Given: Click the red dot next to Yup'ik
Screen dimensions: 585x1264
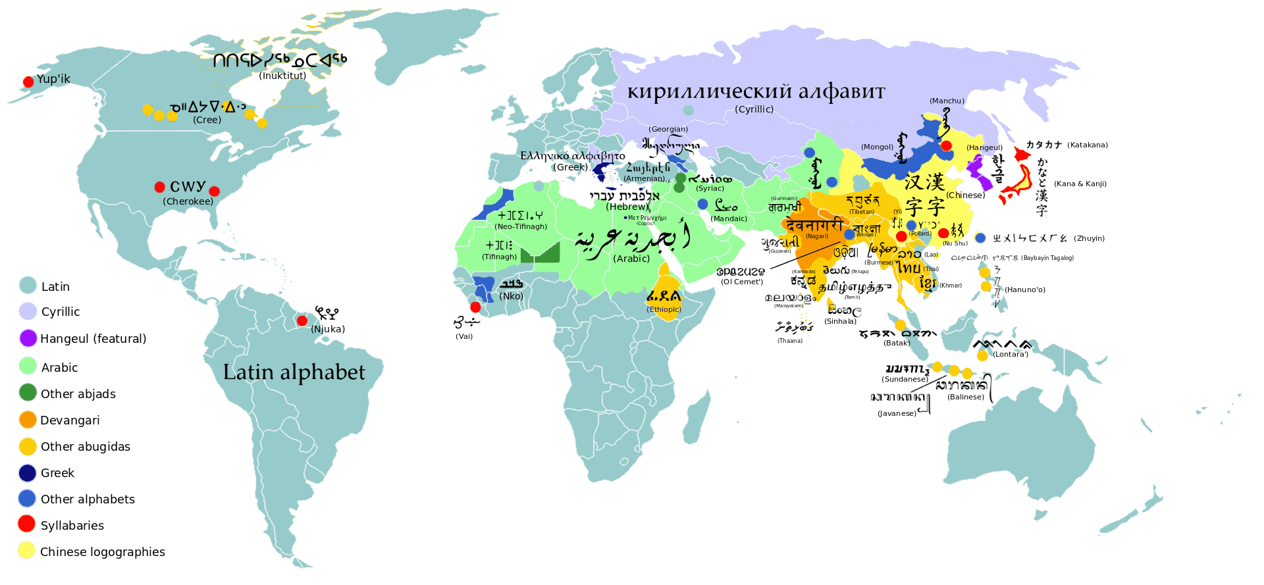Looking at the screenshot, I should [28, 82].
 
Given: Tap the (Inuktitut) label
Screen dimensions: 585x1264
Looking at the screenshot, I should [282, 76].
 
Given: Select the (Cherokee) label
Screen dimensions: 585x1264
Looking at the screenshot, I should [188, 201].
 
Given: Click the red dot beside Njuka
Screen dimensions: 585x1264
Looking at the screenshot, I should [302, 321].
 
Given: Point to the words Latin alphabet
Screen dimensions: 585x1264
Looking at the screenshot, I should [294, 372].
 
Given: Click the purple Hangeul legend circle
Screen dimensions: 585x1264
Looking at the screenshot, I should [28, 338].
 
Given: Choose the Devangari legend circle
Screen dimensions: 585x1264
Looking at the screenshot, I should [28, 420].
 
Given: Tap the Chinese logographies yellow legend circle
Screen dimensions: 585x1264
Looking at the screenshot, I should [27, 551].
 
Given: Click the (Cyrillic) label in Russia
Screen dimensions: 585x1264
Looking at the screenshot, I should [754, 109].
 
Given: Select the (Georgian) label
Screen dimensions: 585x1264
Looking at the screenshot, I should [668, 129].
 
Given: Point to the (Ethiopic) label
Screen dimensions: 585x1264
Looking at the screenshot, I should [664, 309].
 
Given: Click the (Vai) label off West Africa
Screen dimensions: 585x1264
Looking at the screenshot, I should [464, 336].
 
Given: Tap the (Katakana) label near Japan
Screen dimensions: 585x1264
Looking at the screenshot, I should [1088, 145].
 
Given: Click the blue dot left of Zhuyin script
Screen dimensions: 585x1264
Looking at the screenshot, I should [980, 238].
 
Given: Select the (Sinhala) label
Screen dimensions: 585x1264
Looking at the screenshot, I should [841, 321].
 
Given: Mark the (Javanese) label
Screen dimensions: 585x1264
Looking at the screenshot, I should [897, 413].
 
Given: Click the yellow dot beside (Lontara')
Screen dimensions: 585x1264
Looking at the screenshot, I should [982, 355].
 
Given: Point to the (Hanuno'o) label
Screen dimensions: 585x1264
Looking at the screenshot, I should [1025, 290].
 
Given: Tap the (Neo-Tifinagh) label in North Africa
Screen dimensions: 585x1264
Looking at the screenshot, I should [521, 226].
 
